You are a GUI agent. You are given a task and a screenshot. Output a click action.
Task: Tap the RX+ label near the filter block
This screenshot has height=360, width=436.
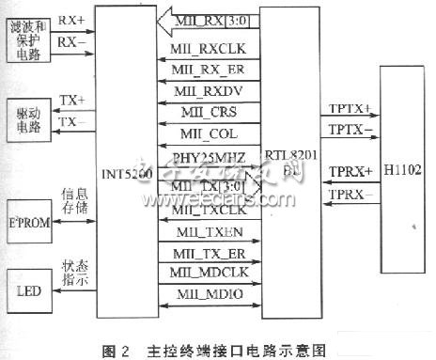[x=73, y=19]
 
